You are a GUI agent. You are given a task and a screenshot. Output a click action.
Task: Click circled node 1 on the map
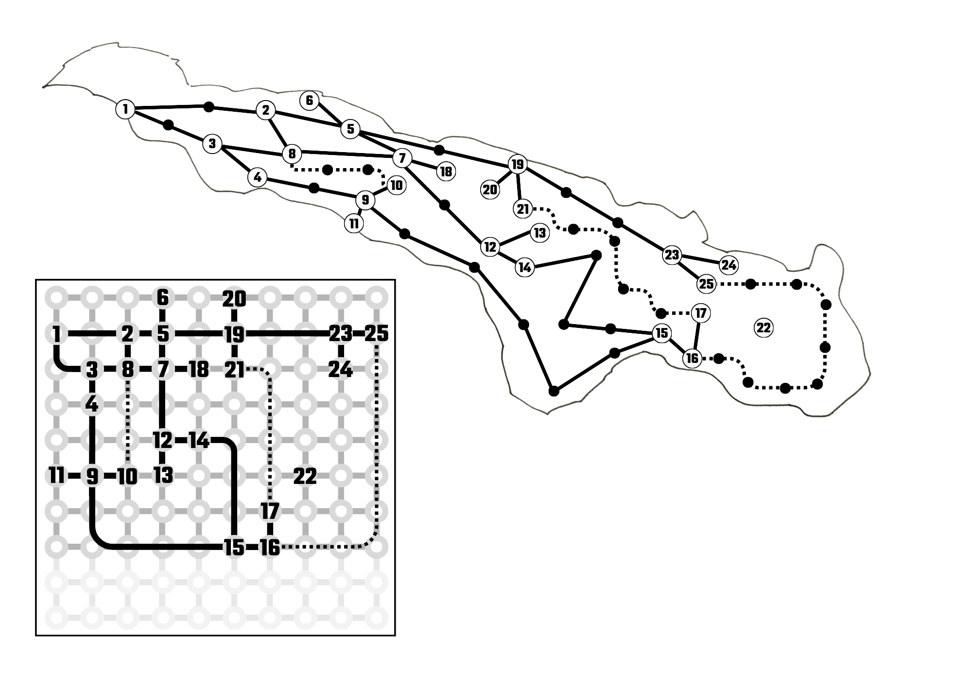tap(125, 109)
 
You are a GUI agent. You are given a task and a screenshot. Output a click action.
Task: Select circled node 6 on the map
tap(310, 101)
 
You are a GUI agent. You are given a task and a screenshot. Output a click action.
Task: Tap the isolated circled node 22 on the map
tap(764, 328)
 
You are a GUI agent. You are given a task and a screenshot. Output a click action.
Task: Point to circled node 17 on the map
tap(700, 313)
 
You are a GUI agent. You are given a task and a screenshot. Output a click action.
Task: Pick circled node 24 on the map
tap(729, 265)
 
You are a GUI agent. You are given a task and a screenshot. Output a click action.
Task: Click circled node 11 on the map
tap(354, 224)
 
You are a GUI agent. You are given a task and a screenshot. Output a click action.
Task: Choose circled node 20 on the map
tap(490, 189)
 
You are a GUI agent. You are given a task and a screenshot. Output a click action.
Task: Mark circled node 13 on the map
tap(539, 233)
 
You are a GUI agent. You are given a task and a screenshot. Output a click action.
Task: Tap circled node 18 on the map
tap(446, 172)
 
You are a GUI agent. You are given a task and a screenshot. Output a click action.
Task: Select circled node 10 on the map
tap(396, 185)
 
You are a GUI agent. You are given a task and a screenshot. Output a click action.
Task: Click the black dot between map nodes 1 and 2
tap(208, 106)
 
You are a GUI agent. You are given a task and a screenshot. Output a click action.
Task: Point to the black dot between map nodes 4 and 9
tap(314, 188)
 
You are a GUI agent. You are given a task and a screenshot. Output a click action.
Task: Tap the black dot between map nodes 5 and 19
tap(439, 149)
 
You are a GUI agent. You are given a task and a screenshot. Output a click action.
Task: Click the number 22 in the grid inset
tap(305, 477)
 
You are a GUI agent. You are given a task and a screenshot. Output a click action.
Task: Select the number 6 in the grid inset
tap(163, 297)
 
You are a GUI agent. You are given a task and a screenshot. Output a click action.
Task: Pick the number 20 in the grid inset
tap(234, 299)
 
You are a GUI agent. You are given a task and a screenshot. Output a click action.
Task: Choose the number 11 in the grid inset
tap(57, 476)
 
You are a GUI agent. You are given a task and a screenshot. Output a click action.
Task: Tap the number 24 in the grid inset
tap(340, 370)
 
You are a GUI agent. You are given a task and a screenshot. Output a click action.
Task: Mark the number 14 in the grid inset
tap(199, 441)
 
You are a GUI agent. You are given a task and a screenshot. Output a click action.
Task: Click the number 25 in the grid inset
tap(377, 334)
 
